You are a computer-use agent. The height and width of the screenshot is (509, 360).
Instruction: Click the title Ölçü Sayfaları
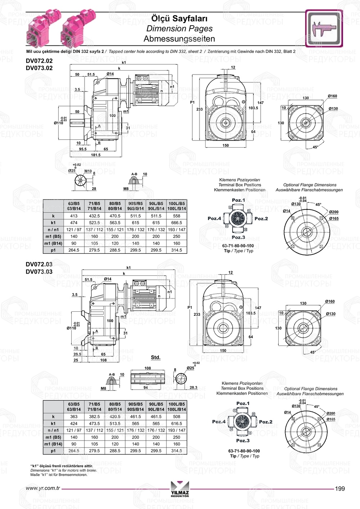(179, 18)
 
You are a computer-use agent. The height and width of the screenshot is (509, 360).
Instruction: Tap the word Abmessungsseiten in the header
(179, 39)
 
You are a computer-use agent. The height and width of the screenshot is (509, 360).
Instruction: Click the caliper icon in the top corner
(324, 28)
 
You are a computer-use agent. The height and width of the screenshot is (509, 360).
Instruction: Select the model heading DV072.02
(39, 61)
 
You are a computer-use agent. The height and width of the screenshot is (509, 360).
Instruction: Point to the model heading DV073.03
(39, 272)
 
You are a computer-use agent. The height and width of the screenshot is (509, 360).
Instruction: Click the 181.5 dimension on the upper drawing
(96, 155)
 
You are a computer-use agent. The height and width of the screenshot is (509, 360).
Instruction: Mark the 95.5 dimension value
(83, 149)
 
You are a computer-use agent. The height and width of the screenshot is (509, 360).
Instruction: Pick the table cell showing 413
(74, 216)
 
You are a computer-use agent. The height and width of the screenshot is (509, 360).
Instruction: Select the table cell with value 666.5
(176, 223)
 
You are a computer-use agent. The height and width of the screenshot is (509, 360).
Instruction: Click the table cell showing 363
(74, 416)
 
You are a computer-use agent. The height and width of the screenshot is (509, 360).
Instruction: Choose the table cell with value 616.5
(176, 424)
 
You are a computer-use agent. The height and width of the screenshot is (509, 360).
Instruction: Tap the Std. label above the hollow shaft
(156, 357)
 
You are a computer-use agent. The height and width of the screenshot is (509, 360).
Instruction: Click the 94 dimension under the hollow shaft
(145, 388)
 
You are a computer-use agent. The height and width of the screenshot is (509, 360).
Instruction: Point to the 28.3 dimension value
(193, 388)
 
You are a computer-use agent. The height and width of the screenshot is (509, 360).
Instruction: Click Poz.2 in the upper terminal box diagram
(261, 219)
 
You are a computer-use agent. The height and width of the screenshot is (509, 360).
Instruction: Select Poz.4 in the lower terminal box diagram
(219, 422)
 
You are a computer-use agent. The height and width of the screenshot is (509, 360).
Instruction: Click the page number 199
(340, 488)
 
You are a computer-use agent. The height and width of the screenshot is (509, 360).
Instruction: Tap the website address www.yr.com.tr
(43, 488)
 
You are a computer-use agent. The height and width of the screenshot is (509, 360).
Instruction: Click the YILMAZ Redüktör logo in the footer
(180, 489)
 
